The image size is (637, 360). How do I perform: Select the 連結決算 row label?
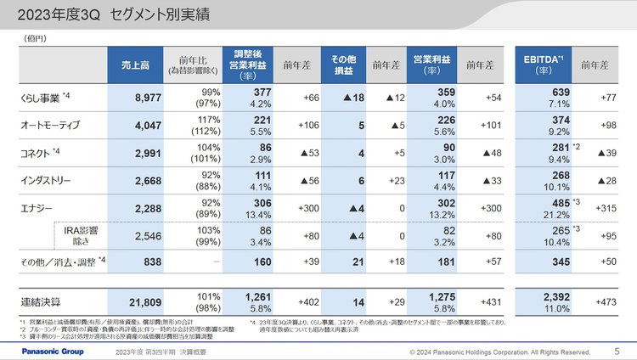tap(41, 302)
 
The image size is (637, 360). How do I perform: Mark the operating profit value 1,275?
tap(426, 296)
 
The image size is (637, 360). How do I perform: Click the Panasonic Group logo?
tap(49, 351)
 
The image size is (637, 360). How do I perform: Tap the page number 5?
tap(617, 351)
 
